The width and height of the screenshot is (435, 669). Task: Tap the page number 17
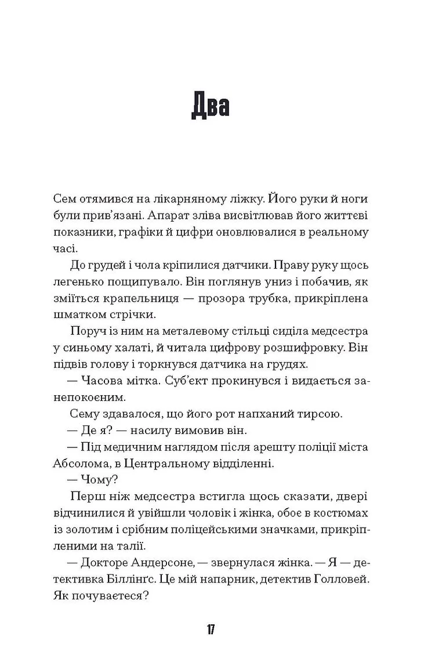pos(211,629)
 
